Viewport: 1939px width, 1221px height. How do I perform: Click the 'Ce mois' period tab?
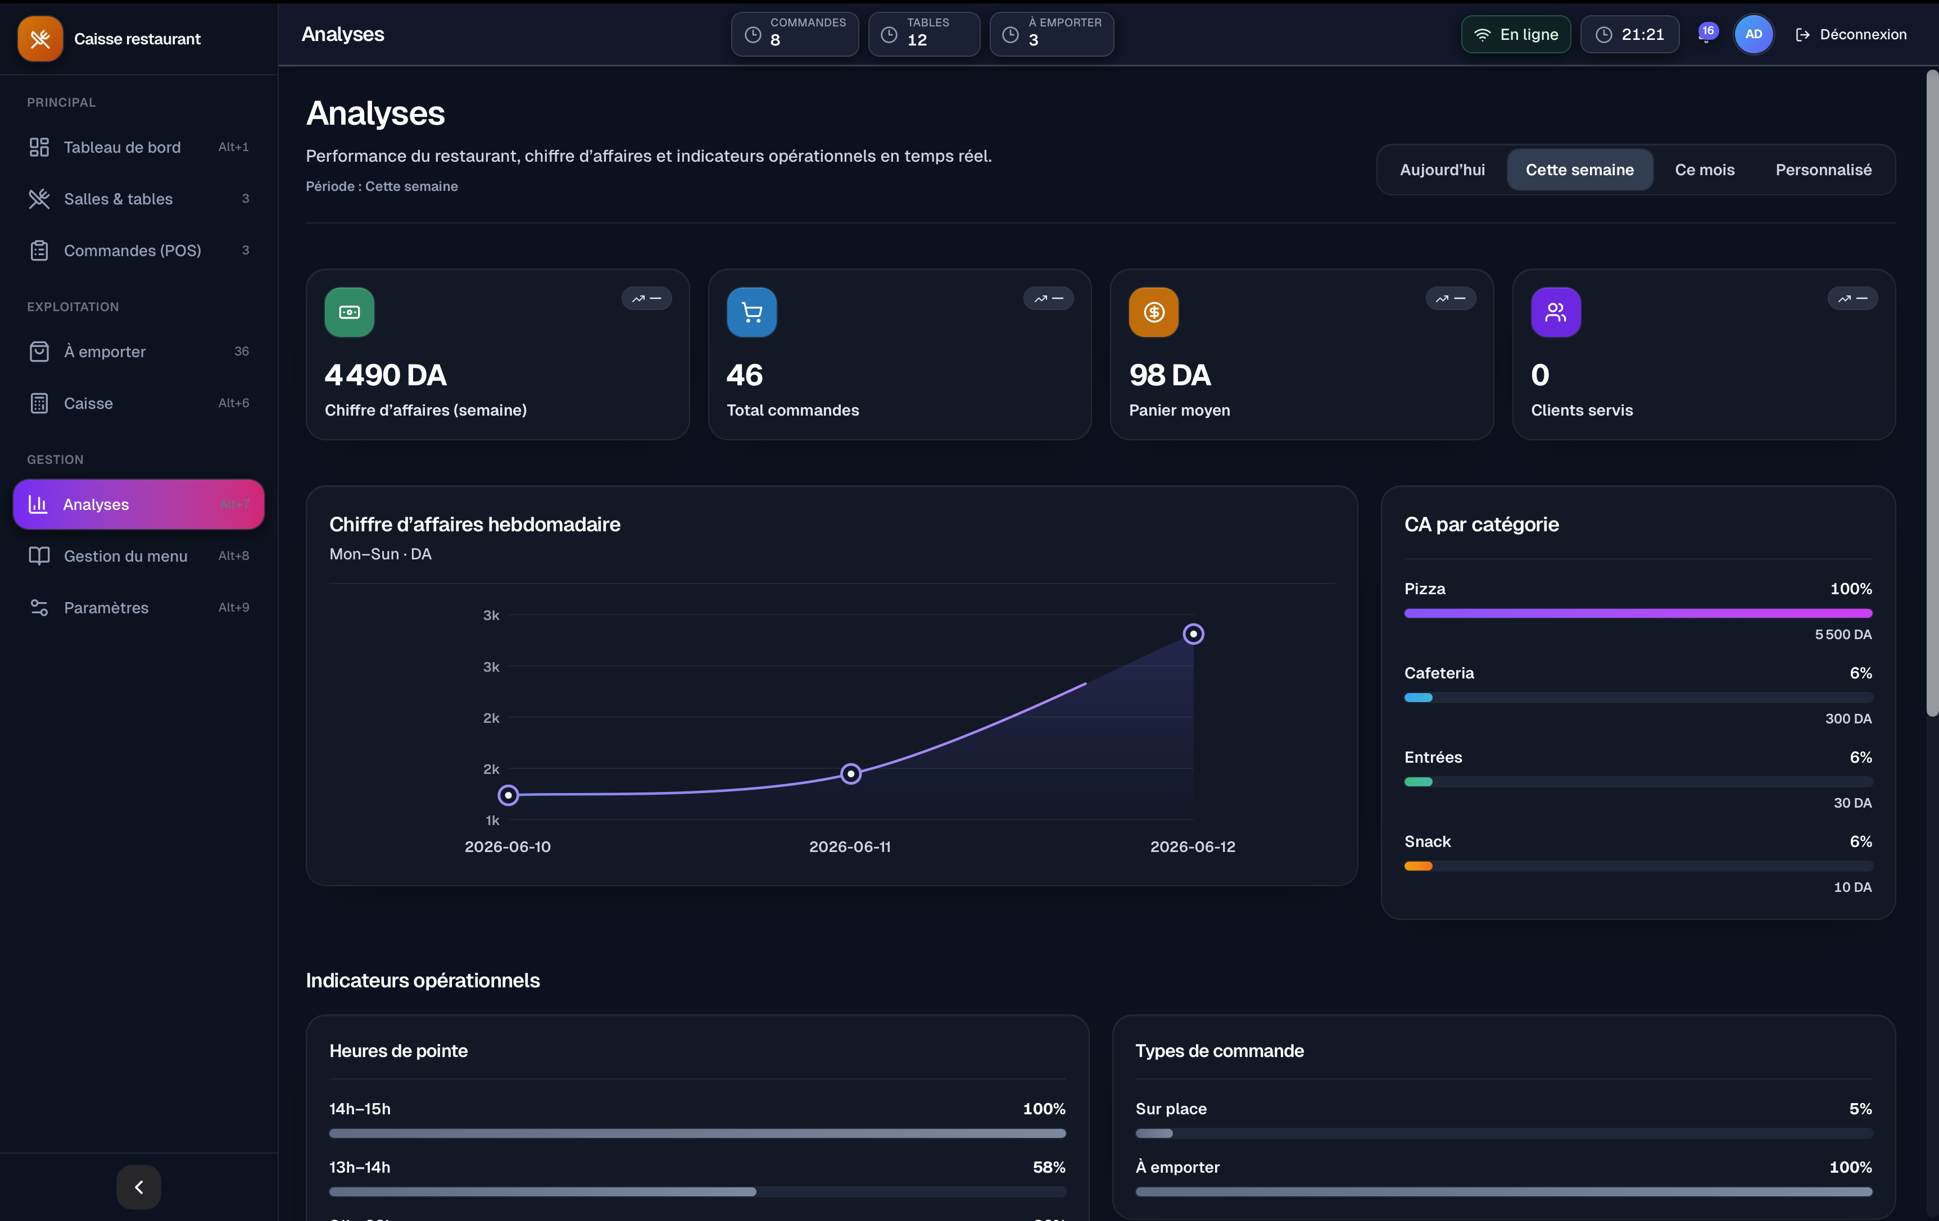(1705, 170)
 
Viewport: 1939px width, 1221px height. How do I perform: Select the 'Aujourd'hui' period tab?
(1442, 170)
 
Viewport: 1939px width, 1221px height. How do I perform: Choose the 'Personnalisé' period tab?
(1823, 170)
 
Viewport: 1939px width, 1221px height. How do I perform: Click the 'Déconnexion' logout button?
(1851, 35)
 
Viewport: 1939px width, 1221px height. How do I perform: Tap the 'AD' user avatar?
(1753, 35)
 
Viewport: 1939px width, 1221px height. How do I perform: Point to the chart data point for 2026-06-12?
(1193, 634)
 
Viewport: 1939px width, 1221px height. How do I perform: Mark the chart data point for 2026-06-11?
(850, 773)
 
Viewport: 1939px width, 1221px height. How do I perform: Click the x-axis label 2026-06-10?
(508, 847)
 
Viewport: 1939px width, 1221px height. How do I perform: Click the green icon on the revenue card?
(350, 312)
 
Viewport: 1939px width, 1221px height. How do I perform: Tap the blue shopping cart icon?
(751, 312)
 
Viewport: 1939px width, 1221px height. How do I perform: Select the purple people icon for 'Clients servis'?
(1556, 312)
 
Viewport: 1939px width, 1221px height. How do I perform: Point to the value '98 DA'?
(1170, 375)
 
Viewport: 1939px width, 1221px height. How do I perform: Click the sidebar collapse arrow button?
(138, 1187)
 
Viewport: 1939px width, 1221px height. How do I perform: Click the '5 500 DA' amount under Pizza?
(1843, 634)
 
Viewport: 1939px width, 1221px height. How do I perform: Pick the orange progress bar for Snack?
(1418, 866)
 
